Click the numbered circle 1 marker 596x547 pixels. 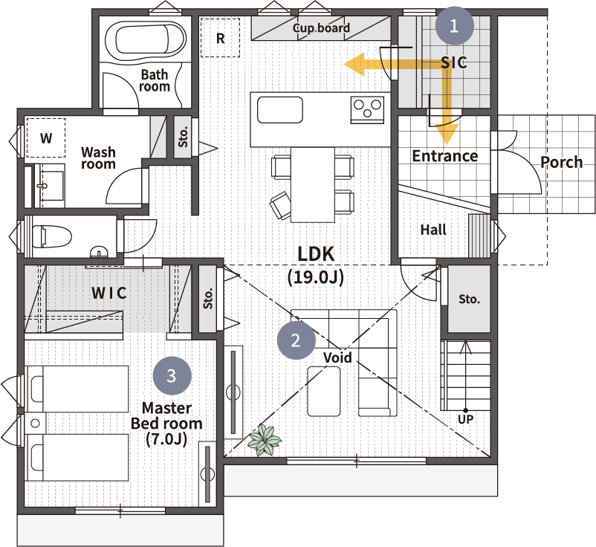point(454,26)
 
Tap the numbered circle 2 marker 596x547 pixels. point(296,340)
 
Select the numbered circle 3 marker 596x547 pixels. point(172,375)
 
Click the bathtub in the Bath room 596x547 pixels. point(145,40)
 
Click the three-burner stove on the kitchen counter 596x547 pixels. point(367,110)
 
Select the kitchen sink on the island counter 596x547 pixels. point(280,110)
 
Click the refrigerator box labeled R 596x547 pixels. point(221,38)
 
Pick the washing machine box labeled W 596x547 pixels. point(46,138)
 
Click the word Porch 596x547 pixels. point(561,163)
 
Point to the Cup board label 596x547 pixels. point(321,28)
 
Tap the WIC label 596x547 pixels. point(109,293)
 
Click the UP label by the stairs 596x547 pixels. point(466,420)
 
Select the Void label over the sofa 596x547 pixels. point(337,357)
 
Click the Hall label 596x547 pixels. point(433,230)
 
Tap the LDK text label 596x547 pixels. point(316,254)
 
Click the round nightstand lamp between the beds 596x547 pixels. point(35,424)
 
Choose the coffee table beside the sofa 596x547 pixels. point(324,391)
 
